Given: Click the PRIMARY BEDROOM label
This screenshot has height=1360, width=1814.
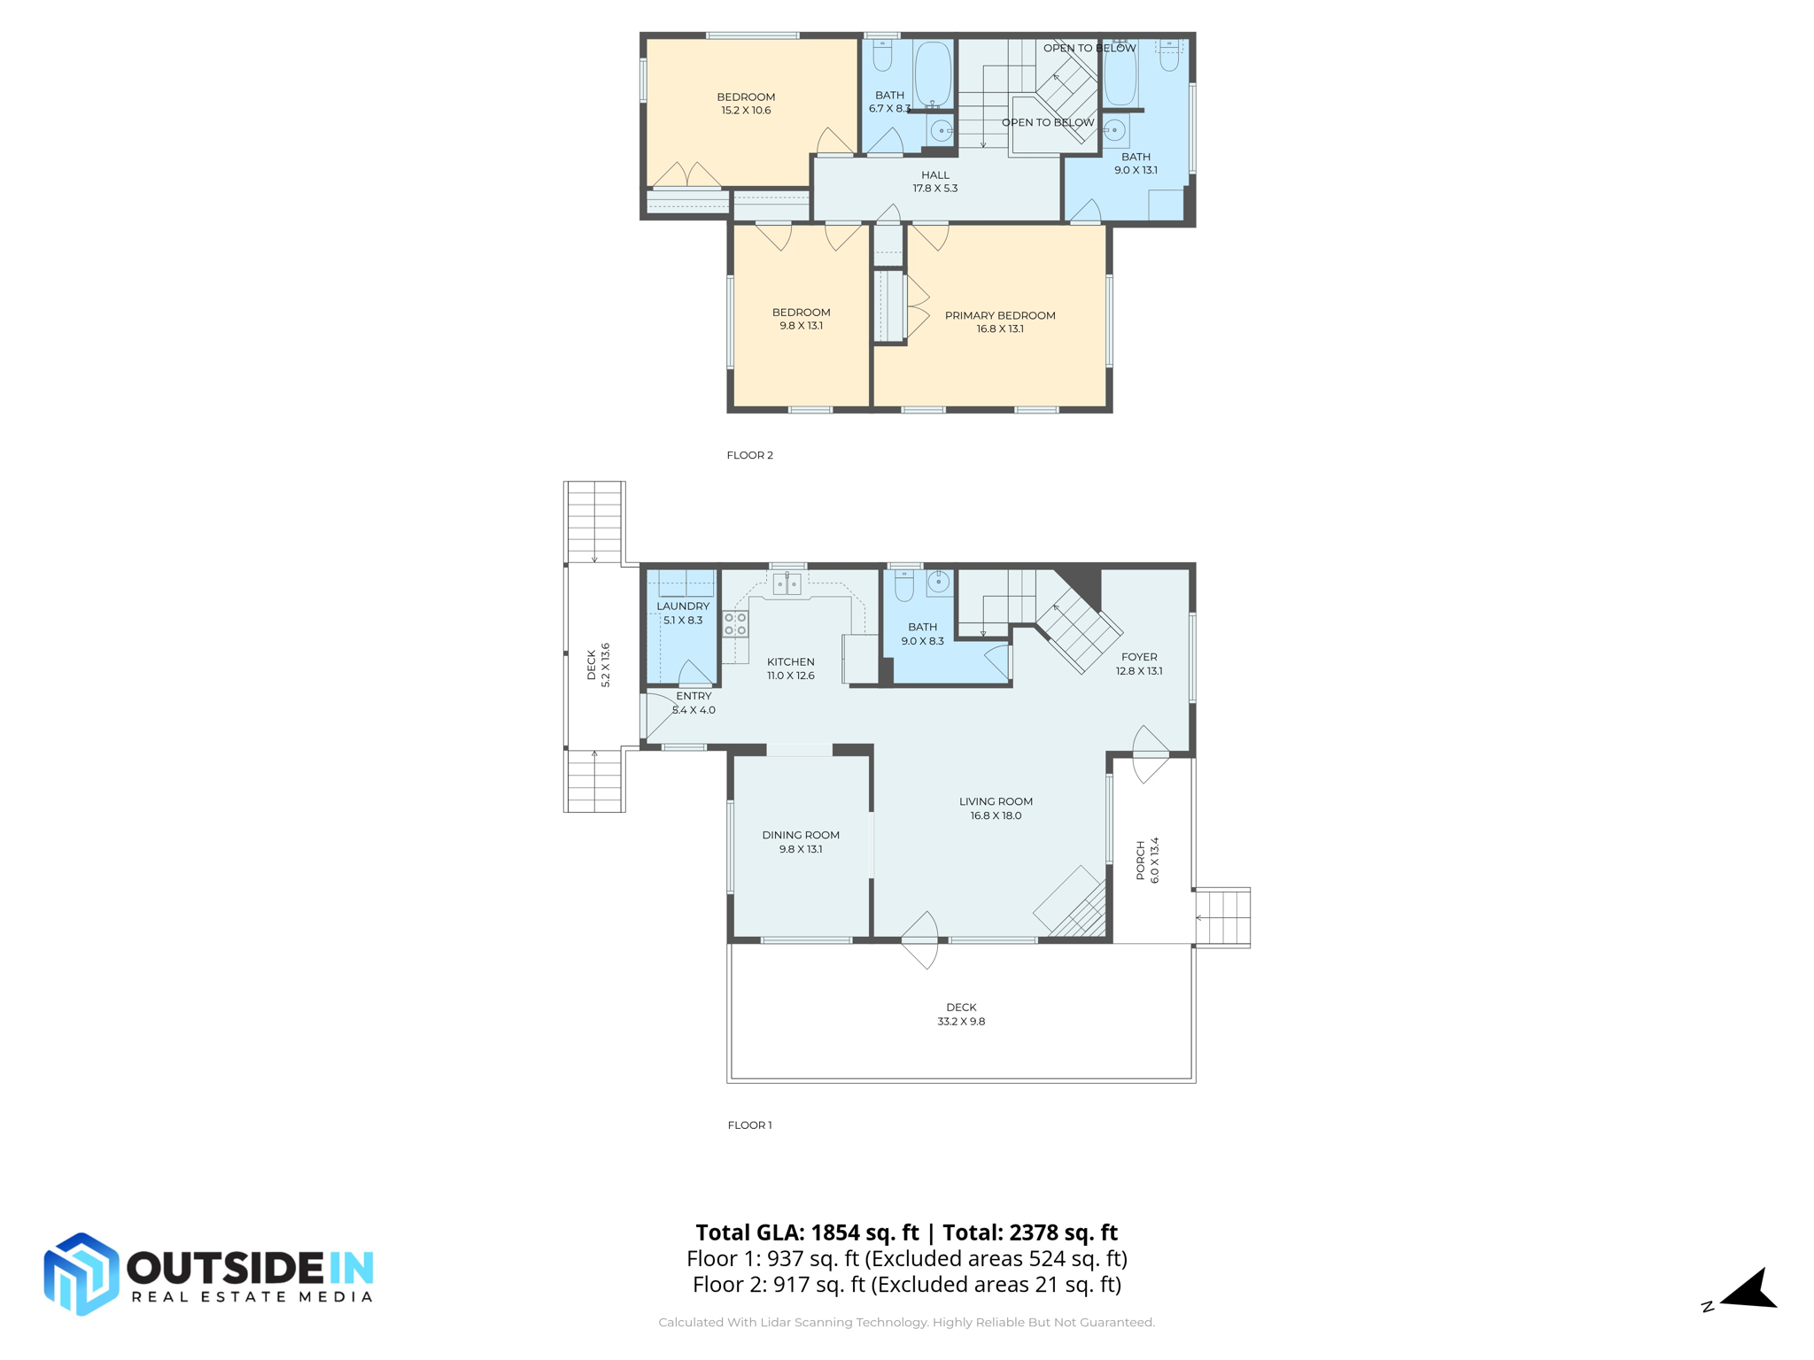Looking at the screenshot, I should tap(1000, 315).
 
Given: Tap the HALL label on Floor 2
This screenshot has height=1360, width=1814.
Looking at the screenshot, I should tap(935, 175).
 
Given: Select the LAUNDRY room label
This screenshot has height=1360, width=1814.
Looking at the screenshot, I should tap(683, 607).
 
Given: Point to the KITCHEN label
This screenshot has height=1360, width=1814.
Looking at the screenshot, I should tap(791, 662).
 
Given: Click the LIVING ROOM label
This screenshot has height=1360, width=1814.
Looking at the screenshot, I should tap(996, 802).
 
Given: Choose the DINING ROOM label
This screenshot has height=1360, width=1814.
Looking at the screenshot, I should tap(801, 835).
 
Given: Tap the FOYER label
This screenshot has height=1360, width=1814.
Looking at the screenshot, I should tap(1139, 657).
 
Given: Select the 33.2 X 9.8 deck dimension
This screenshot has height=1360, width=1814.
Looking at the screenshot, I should tap(961, 1022).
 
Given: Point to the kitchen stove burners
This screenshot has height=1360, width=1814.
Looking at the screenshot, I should tap(735, 624).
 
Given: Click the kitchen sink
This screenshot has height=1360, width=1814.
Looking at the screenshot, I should tap(787, 583).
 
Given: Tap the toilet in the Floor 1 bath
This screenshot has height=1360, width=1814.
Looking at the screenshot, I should tap(904, 585).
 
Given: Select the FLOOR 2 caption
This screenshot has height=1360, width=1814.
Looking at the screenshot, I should tap(749, 455).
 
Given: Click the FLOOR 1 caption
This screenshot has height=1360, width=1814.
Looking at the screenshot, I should tap(749, 1125).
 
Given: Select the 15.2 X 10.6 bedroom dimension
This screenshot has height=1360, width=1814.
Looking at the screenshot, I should tap(746, 111).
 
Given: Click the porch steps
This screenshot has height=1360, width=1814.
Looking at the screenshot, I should tap(1222, 917).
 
